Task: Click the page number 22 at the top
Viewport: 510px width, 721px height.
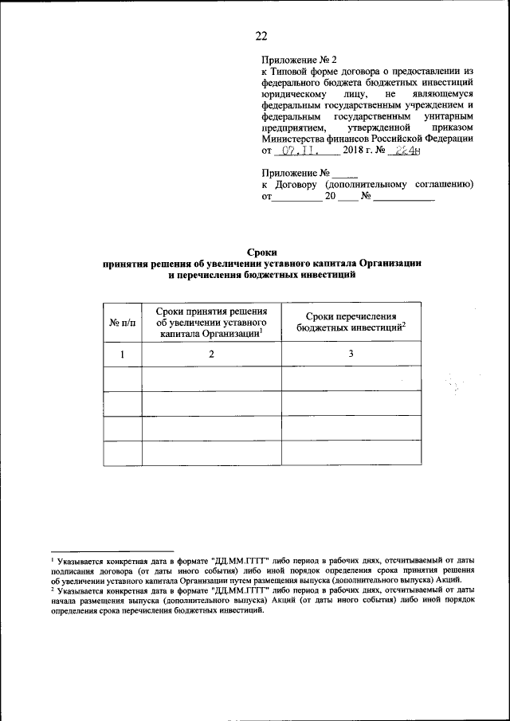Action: [261, 34]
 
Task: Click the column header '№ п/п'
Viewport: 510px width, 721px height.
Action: [123, 323]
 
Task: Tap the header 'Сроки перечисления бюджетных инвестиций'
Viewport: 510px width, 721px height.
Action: [351, 322]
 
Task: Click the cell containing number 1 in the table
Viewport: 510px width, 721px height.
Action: [123, 354]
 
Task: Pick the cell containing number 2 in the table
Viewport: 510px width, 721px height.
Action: [211, 354]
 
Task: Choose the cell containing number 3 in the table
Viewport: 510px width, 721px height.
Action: [351, 354]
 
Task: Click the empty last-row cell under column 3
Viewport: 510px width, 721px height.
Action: [351, 453]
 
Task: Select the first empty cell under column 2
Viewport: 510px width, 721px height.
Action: [211, 378]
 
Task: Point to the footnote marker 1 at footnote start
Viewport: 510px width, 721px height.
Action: [51, 559]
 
